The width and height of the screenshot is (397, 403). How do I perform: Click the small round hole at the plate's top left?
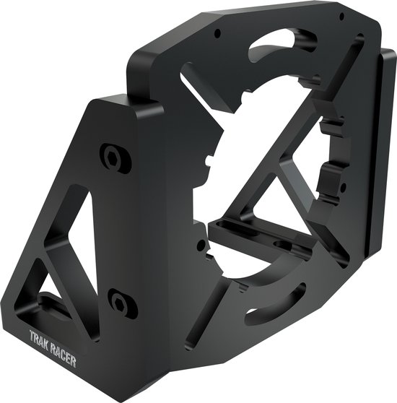[x=217, y=33]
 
